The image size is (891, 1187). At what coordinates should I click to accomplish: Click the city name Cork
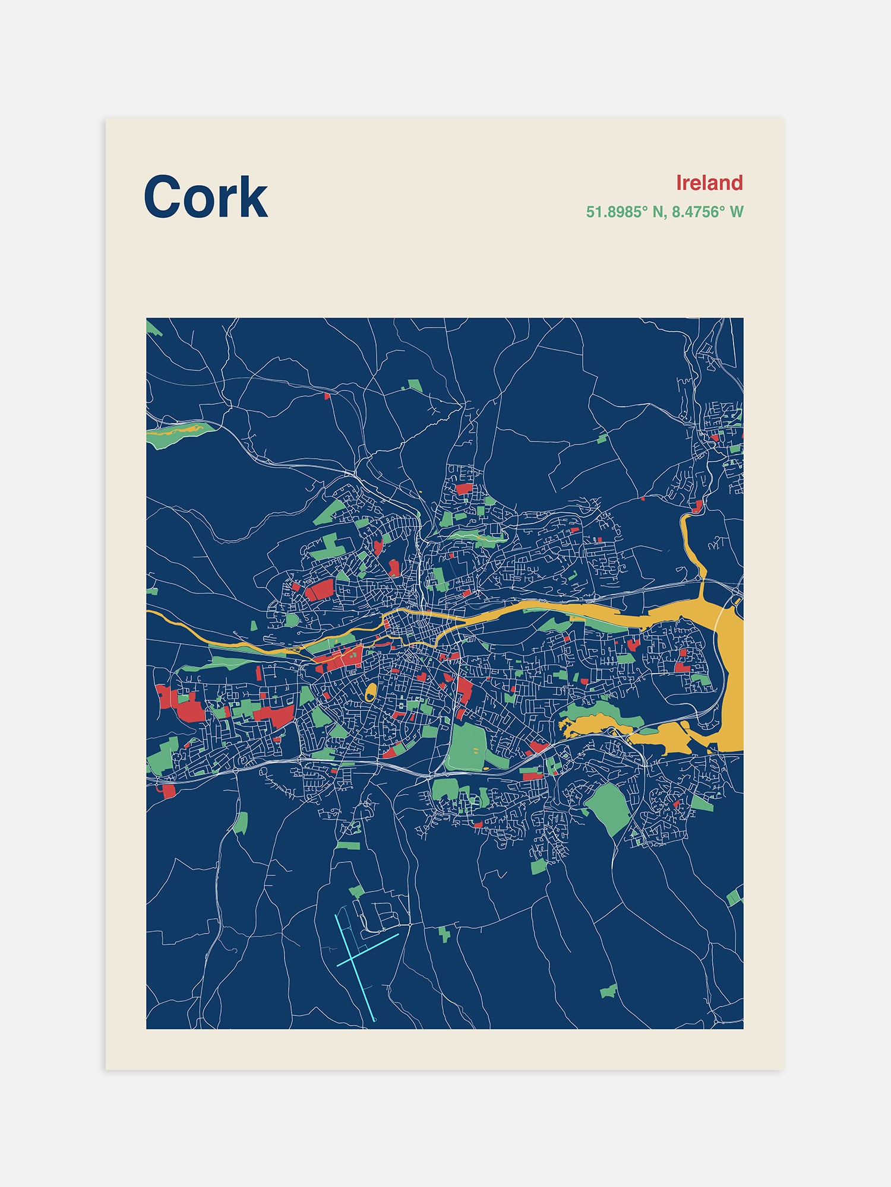[x=206, y=196]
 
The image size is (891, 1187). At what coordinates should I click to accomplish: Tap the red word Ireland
[x=709, y=183]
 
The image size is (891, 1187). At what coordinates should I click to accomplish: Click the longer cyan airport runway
[x=355, y=967]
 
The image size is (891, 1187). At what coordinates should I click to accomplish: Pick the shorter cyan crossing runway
[x=367, y=950]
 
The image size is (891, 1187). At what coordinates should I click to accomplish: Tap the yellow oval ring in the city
[x=371, y=691]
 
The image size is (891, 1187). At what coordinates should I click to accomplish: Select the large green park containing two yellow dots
[x=466, y=746]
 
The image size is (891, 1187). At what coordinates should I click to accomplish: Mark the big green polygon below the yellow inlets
[x=607, y=807]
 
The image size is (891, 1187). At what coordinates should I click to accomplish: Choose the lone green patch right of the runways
[x=444, y=934]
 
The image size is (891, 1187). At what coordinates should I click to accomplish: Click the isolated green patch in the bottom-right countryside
[x=608, y=991]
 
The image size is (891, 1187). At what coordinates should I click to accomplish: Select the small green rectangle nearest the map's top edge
[x=415, y=386]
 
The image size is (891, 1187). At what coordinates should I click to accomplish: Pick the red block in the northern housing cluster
[x=463, y=489]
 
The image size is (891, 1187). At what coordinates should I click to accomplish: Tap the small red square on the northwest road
[x=327, y=396]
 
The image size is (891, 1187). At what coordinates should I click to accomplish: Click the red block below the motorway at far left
[x=169, y=791]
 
